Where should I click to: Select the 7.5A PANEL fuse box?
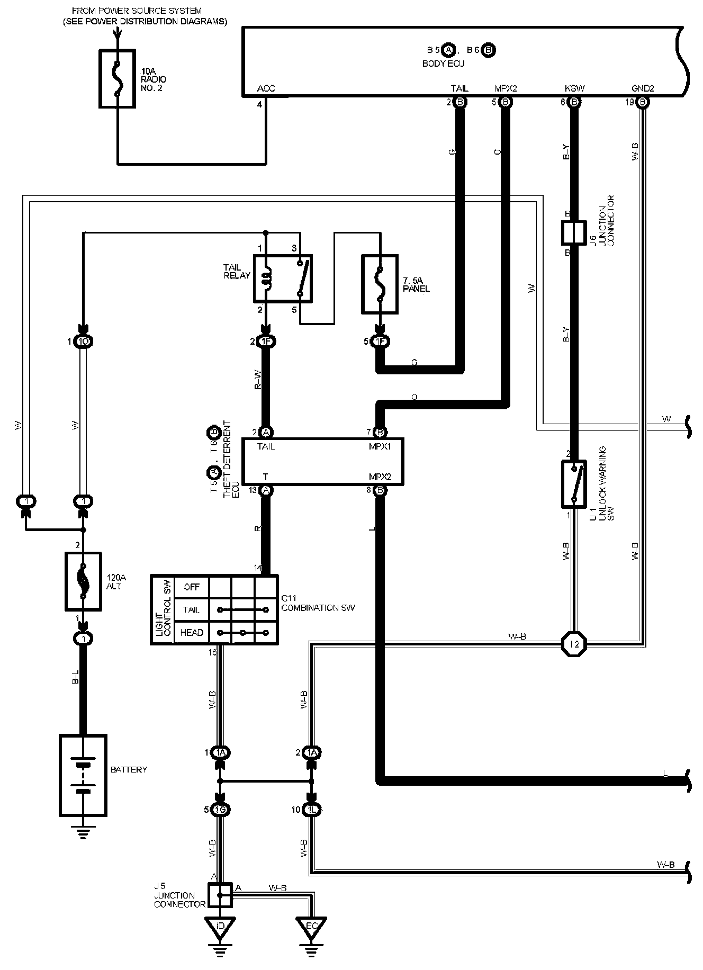click(380, 284)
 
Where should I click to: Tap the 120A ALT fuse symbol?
click(83, 581)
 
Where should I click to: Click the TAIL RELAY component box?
click(283, 279)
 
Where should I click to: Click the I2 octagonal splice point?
click(574, 644)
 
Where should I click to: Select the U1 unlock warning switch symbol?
click(574, 484)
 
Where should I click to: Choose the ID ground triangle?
click(221, 926)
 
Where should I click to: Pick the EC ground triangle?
click(312, 926)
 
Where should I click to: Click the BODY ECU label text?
click(443, 64)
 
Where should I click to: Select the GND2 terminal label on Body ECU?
click(643, 88)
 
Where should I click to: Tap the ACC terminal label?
click(266, 88)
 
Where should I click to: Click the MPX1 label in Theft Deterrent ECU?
click(380, 446)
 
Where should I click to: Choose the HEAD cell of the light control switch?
click(191, 633)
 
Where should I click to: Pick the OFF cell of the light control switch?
click(191, 587)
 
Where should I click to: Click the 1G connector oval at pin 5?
click(221, 810)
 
